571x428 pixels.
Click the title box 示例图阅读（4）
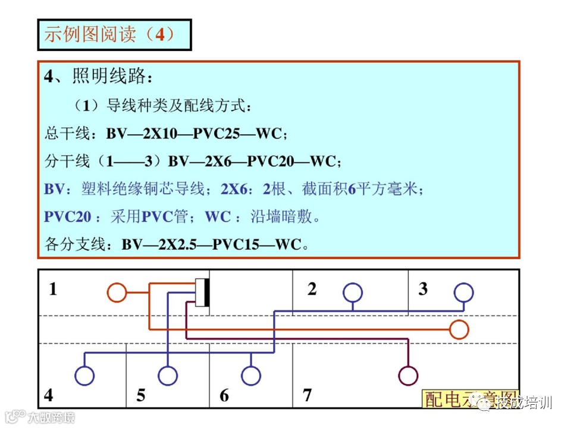click(x=114, y=35)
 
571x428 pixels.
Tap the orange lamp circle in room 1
click(x=117, y=292)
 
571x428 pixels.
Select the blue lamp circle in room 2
click(x=352, y=292)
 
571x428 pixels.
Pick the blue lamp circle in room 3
click(x=463, y=292)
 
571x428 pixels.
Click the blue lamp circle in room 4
click(x=84, y=375)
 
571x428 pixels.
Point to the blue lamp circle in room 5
click(x=168, y=375)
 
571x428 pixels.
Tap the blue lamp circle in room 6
click(x=251, y=375)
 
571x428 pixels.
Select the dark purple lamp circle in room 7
click(x=408, y=375)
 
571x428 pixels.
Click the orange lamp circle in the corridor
click(x=459, y=329)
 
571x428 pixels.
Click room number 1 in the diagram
click(x=54, y=289)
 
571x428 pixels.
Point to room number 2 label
click(x=312, y=289)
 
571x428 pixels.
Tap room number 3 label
click(x=423, y=289)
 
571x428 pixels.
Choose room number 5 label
click(x=140, y=395)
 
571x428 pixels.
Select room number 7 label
click(x=307, y=395)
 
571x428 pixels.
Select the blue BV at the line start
click(x=54, y=189)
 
